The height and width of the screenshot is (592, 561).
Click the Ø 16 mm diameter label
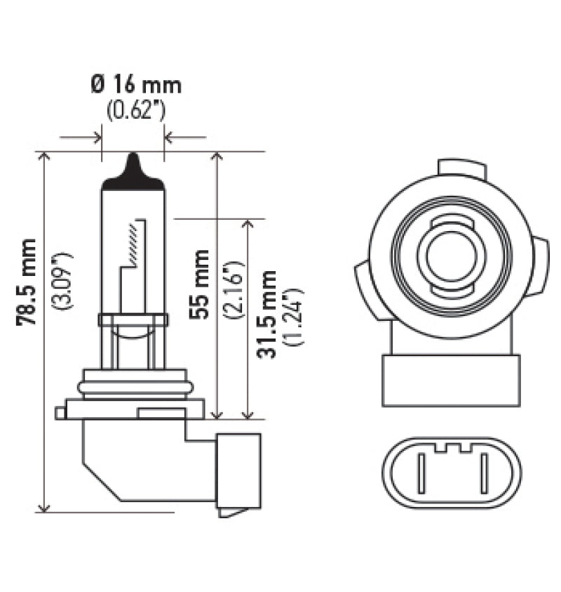point(135,85)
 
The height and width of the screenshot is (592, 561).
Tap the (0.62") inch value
point(135,110)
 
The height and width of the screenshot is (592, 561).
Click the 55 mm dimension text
point(200,284)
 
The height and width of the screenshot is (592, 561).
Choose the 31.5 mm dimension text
point(266,313)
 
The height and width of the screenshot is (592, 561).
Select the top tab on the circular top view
point(461,169)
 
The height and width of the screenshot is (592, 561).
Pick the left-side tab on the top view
point(364,288)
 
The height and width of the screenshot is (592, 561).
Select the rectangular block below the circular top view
point(451,380)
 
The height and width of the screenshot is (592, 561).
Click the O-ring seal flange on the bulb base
point(135,386)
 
